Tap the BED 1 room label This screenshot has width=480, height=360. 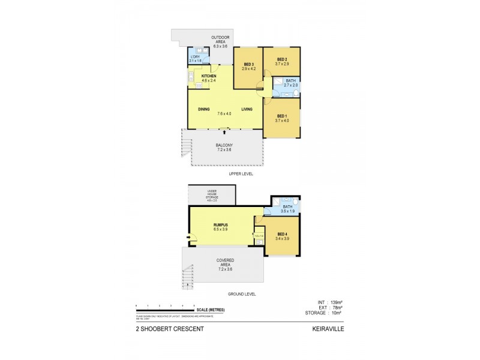coord(283,116)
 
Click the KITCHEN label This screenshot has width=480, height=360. coord(209,76)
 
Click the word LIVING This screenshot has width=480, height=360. coord(247,109)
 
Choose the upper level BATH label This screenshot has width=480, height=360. coord(290,81)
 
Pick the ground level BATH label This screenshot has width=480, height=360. coord(289,206)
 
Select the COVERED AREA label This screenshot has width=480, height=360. coord(225,262)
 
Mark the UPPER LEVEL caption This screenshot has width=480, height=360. coord(241,173)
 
